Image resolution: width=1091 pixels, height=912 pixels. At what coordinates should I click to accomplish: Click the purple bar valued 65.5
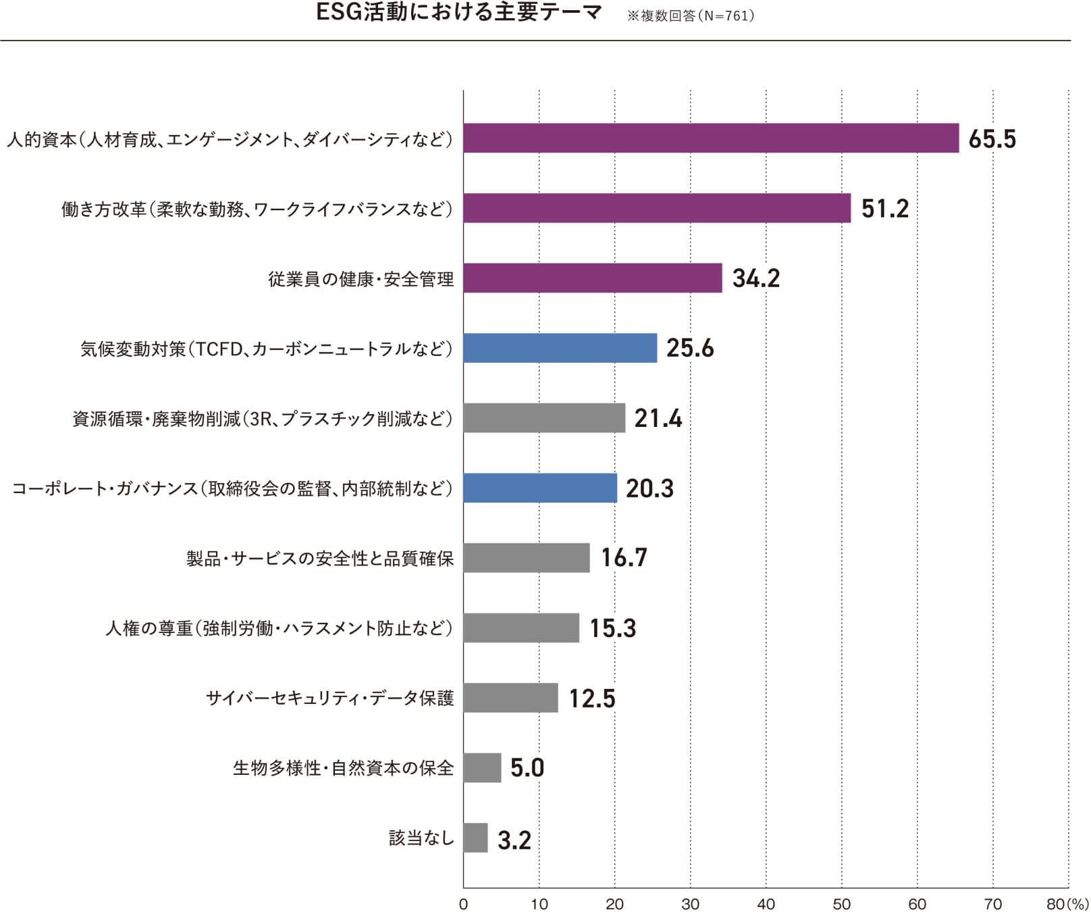coord(711,138)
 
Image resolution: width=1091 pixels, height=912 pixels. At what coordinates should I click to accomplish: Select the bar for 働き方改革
coord(657,208)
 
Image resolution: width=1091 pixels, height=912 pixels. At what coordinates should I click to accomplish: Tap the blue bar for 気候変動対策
coord(560,348)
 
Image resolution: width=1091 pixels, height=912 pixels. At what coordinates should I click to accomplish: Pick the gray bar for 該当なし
coord(475,838)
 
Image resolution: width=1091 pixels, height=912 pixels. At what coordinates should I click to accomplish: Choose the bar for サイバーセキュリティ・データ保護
coord(510,698)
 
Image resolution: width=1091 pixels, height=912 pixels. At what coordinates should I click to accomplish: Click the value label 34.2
coord(755,278)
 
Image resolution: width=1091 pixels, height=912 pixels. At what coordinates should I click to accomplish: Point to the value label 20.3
coord(649,488)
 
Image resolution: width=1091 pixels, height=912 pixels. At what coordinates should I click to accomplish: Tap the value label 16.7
coord(624,558)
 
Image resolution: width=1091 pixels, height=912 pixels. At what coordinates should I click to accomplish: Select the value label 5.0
coord(527,768)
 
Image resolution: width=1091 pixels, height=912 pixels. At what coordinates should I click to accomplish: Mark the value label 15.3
coord(613,628)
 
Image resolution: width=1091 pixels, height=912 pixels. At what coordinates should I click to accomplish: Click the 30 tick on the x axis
coord(690,904)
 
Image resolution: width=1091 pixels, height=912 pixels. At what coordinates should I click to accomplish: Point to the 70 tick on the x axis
coord(992,904)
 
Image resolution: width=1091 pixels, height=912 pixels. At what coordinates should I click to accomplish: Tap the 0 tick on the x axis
coord(463,904)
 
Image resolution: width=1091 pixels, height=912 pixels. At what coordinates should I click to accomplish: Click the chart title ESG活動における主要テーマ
coord(459,14)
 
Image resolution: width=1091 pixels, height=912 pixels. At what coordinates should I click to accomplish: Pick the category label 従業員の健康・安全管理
coord(361,279)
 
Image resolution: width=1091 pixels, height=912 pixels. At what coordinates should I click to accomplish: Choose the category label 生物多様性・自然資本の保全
coord(343,768)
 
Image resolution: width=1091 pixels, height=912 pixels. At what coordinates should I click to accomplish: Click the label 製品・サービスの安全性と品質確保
coord(320,559)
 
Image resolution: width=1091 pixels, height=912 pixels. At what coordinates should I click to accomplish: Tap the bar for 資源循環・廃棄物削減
coord(544,418)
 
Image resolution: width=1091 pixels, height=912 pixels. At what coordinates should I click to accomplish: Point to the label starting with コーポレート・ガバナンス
coord(232,488)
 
